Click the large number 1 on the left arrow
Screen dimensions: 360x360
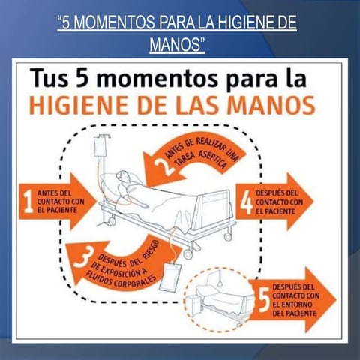coord(28,202)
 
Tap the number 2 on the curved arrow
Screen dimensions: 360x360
coord(164,166)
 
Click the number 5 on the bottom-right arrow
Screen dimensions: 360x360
coord(264,299)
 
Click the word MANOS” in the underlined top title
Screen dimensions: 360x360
coord(177,44)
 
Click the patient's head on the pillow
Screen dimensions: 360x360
coord(123,176)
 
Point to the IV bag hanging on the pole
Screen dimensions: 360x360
coord(100,147)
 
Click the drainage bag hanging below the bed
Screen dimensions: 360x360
coord(170,277)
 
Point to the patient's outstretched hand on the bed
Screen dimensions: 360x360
coord(144,206)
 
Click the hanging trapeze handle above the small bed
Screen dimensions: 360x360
coord(220,284)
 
